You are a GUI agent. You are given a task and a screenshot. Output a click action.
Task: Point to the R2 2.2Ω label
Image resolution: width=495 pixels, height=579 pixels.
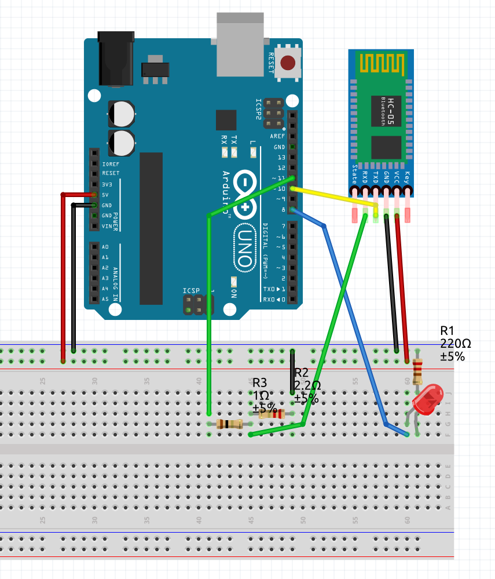coord(307,385)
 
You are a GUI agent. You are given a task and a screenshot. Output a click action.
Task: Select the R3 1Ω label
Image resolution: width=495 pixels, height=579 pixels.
coord(264,395)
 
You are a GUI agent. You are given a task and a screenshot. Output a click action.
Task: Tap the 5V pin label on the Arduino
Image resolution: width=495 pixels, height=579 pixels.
coord(105,195)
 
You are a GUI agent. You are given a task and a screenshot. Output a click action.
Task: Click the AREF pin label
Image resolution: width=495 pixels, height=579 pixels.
coord(277,136)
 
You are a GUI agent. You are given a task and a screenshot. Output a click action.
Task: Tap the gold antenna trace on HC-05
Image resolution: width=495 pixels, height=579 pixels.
coord(380,61)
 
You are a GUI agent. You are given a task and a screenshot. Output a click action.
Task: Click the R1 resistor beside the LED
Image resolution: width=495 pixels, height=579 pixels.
coord(417,369)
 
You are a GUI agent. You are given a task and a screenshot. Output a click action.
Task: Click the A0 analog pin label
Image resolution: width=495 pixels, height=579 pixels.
coord(105,247)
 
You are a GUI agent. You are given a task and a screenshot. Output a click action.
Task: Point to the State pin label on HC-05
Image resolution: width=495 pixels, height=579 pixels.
coord(355,174)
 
